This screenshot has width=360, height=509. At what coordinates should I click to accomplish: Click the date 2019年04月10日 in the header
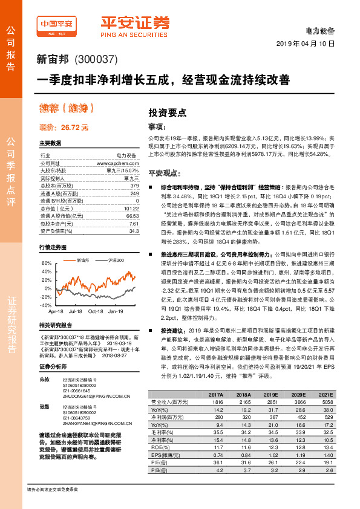click(309, 45)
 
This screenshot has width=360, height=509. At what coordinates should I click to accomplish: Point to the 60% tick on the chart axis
click(47, 264)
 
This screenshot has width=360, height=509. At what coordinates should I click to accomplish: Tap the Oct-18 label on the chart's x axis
click(96, 311)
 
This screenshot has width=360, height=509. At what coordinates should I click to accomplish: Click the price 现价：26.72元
click(64, 127)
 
